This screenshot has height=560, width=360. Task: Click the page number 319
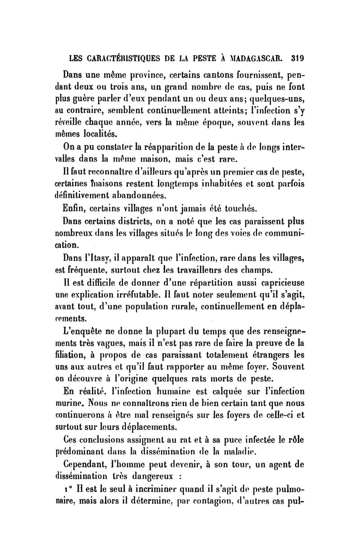298,58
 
